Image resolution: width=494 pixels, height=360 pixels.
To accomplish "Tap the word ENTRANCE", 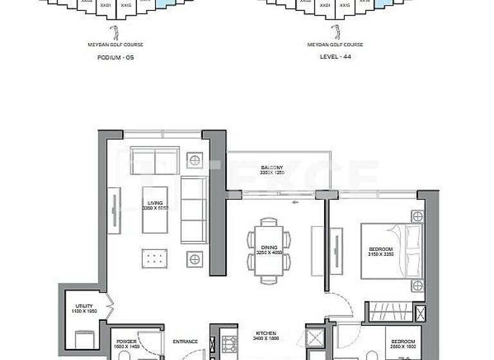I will coord(185,341).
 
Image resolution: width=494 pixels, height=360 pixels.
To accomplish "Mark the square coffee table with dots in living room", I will coord(152,258).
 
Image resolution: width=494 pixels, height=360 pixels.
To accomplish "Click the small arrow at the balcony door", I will coord(296,202).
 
